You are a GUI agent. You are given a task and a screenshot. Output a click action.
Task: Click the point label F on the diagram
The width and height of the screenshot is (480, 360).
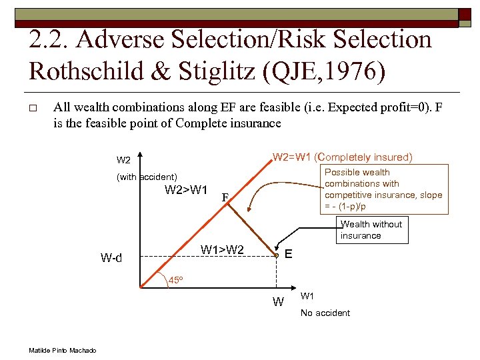[226, 197]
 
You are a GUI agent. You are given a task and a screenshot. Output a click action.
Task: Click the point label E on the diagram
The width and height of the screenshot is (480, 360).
[288, 254]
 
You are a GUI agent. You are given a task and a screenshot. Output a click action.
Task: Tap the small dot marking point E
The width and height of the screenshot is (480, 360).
[276, 255]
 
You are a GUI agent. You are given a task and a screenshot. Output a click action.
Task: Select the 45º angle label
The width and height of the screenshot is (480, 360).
[175, 280]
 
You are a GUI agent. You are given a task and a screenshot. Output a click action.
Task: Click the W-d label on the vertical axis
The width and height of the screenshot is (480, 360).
[111, 257]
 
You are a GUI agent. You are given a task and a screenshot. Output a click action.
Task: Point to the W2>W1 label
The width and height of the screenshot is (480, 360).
[185, 191]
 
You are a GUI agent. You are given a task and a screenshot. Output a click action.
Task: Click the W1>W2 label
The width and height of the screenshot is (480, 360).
[222, 250]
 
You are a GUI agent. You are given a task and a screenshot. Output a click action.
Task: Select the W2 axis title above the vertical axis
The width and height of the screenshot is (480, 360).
[123, 160]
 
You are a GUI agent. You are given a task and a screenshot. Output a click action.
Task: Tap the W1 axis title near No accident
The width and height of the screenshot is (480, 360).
[308, 296]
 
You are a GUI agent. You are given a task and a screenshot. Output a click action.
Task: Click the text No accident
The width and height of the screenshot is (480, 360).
[325, 313]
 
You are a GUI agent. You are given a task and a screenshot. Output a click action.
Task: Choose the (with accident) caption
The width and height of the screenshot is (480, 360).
[147, 177]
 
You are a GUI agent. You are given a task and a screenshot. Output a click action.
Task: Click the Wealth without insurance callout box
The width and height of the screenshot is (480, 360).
[371, 230]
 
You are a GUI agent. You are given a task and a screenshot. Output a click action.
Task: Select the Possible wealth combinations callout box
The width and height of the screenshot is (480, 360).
[383, 189]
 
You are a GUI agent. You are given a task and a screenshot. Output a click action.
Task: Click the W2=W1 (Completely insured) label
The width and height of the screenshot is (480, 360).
[342, 157]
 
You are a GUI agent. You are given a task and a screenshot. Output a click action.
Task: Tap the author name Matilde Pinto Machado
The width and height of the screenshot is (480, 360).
[63, 351]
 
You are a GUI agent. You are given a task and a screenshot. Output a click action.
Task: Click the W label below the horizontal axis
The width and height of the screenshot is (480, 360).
[278, 302]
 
